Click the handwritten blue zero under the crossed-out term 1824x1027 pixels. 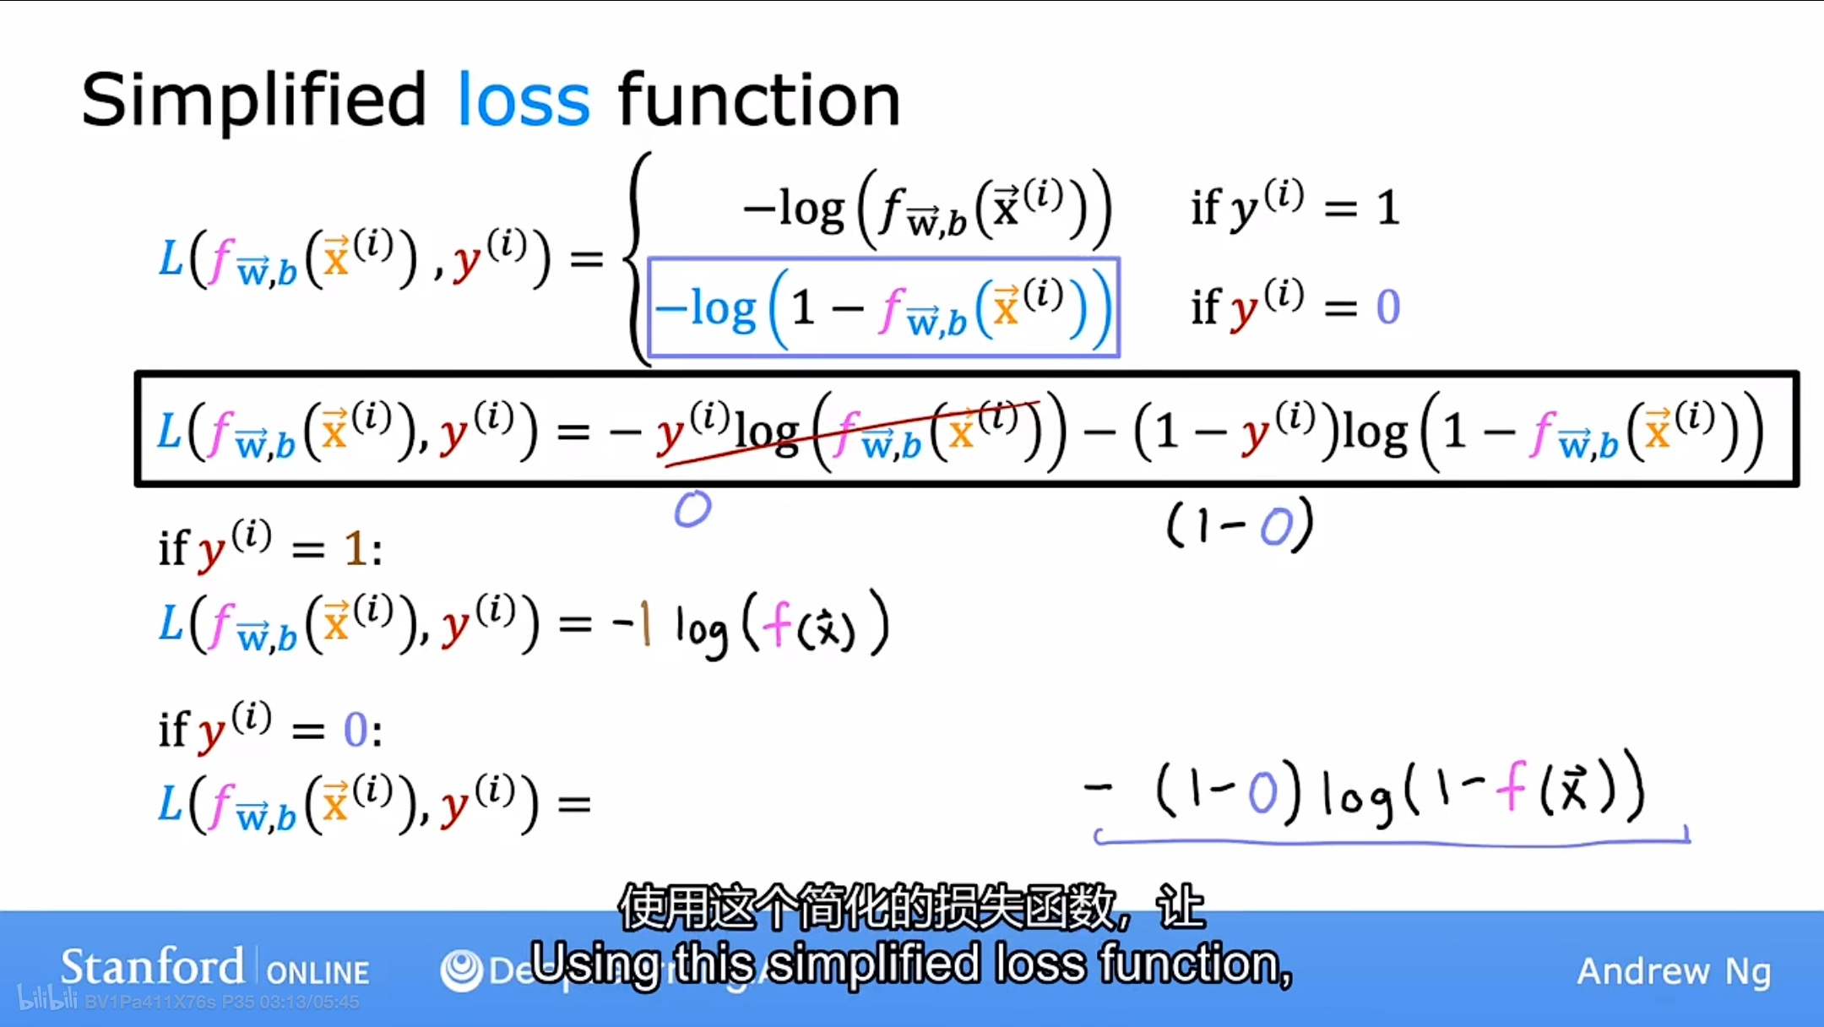(692, 509)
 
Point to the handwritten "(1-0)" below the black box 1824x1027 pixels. (1240, 525)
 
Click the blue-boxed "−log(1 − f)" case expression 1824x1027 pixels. (883, 307)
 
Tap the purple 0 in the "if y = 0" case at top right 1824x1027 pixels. (1387, 307)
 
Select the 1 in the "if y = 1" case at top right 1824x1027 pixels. (1387, 208)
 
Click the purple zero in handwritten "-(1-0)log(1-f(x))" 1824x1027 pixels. (1262, 794)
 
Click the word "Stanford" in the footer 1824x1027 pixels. (152, 967)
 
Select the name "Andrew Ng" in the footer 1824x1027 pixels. (1673, 971)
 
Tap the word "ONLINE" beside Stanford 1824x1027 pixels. (318, 973)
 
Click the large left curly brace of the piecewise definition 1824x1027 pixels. (638, 258)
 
